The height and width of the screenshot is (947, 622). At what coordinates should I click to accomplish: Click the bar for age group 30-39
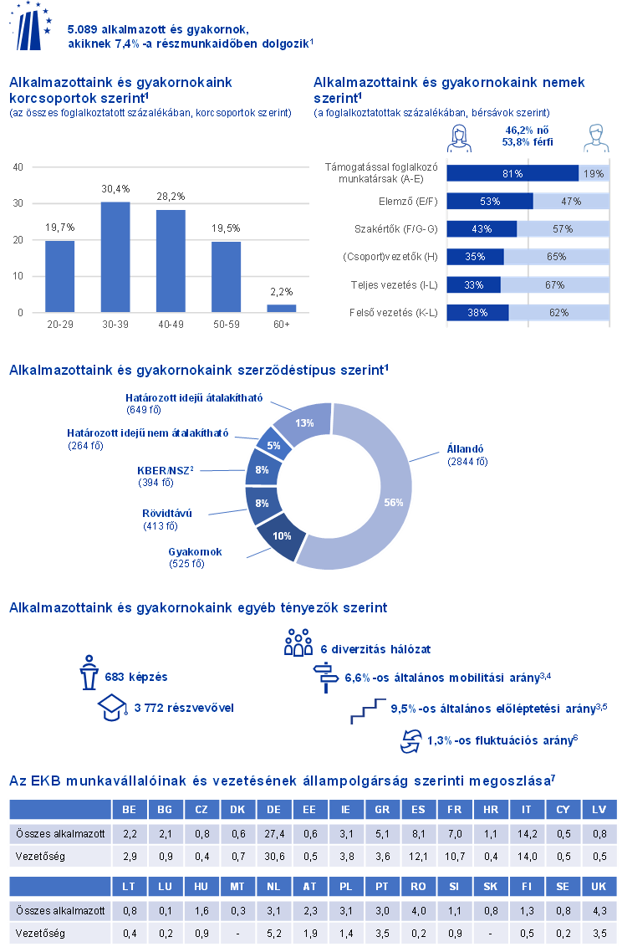[x=115, y=257]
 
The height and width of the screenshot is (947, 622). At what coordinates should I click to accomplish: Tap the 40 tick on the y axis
[x=18, y=167]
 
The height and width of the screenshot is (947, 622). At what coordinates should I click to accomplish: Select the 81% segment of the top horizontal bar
[x=512, y=173]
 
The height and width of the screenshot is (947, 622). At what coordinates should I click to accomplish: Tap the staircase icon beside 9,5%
[x=369, y=710]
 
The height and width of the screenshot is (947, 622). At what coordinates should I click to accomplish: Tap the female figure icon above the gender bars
[x=461, y=137]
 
